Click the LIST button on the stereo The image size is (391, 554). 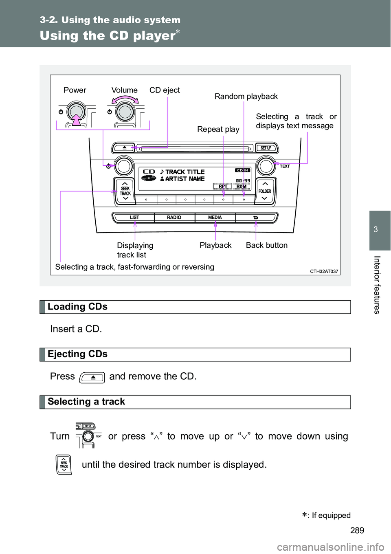pyautogui.click(x=134, y=218)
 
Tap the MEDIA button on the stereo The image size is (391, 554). pyautogui.click(x=215, y=218)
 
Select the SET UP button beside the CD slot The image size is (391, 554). pyautogui.click(x=266, y=148)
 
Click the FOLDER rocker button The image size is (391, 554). pyautogui.click(x=265, y=191)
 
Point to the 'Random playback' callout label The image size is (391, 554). pyautogui.click(x=246, y=97)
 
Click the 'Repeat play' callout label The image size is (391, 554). pyautogui.click(x=218, y=130)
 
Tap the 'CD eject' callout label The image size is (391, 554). pyautogui.click(x=165, y=90)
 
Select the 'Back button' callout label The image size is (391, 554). pyautogui.click(x=267, y=245)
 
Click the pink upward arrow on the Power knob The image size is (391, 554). pyautogui.click(x=77, y=119)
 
